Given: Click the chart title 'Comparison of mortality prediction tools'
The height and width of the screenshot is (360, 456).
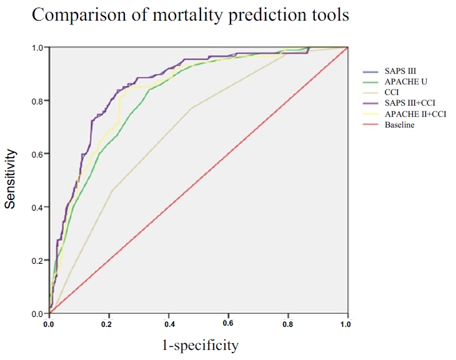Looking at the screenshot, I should pos(191,15).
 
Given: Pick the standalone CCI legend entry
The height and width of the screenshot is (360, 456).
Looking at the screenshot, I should pos(391,92).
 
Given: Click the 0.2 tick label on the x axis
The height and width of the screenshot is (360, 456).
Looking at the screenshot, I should pos(109,324).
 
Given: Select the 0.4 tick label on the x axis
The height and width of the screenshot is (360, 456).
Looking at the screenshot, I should pos(169,324).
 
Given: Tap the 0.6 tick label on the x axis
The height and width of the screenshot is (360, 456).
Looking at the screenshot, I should pos(228,324).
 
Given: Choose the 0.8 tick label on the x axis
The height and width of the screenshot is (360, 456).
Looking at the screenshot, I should pos(288,324).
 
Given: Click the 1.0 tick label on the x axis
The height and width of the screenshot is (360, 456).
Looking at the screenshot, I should pos(346,324).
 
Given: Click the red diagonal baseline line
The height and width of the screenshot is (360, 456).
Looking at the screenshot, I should pos(198,180).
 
